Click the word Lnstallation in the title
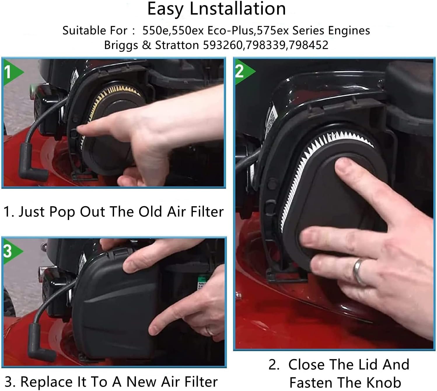click(238, 9)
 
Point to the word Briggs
click(121, 46)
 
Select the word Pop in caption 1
click(62, 212)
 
